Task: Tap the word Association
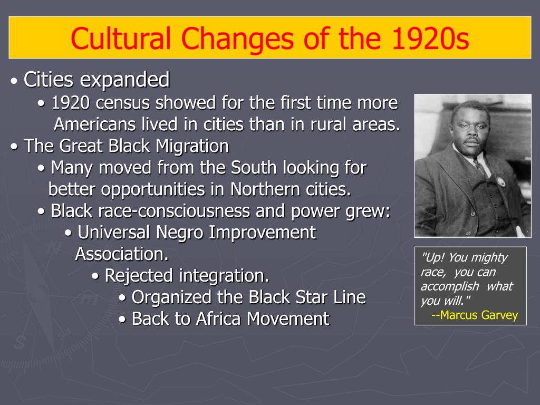(x=121, y=254)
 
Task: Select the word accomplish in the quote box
(x=450, y=286)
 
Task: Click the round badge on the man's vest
(x=500, y=182)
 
